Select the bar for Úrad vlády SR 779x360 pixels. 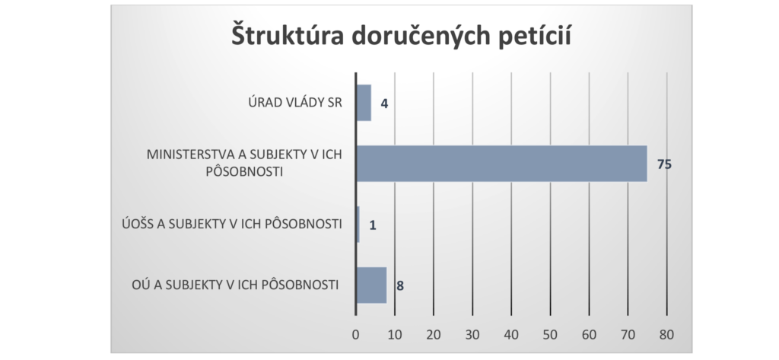click(364, 103)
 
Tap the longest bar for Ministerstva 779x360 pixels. click(501, 164)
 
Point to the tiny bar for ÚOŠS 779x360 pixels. click(358, 225)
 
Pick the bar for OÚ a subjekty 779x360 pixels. click(371, 285)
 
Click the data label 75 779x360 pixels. click(664, 164)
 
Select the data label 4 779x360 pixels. click(385, 103)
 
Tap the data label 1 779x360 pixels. click(374, 225)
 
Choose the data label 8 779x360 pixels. click(399, 286)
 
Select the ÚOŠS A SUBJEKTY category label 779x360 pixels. click(231, 225)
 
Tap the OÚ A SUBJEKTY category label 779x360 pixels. click(234, 285)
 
